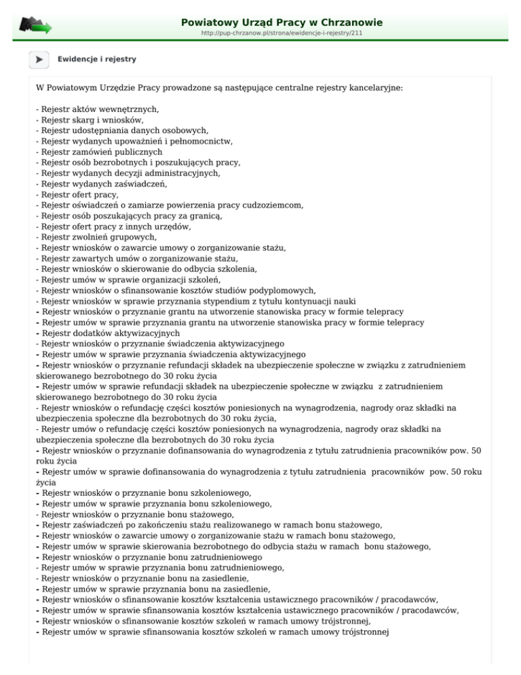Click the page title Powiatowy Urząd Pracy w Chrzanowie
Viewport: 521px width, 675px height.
click(282, 22)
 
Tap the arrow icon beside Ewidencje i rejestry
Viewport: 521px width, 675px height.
click(39, 59)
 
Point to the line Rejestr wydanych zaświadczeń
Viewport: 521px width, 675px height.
click(101, 184)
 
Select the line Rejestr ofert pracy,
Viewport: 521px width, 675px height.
click(75, 195)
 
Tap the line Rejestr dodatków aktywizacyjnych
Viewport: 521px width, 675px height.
click(108, 333)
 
